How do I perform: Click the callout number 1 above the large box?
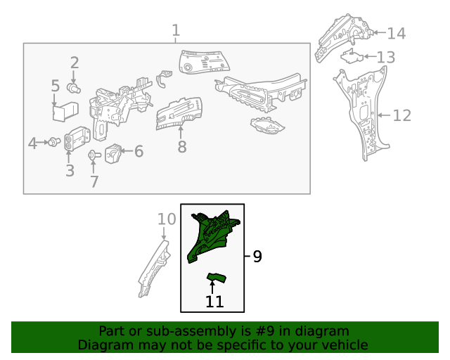click(x=176, y=30)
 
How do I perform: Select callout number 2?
click(x=75, y=63)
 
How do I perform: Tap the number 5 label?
click(x=56, y=86)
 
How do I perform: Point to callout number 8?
click(x=182, y=146)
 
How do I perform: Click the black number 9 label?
click(x=257, y=257)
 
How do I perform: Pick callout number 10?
click(x=167, y=219)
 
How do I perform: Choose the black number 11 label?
click(x=214, y=302)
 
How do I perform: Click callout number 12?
click(x=401, y=115)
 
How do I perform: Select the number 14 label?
click(x=397, y=33)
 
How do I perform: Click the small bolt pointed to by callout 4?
click(x=54, y=142)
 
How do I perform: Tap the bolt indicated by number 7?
click(x=94, y=155)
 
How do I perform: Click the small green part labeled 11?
click(x=217, y=278)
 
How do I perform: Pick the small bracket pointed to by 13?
click(x=352, y=56)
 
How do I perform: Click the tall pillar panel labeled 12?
click(x=363, y=112)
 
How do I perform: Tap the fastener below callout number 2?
click(x=74, y=88)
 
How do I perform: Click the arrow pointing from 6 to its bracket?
click(x=127, y=150)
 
